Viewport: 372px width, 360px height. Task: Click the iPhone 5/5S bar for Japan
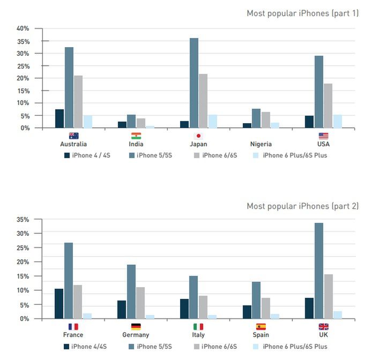point(194,83)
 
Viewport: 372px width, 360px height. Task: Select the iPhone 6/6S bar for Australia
point(78,102)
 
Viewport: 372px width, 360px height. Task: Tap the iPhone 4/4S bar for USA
point(309,122)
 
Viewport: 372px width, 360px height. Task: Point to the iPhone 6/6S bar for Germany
point(140,303)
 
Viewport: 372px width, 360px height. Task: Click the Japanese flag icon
point(198,136)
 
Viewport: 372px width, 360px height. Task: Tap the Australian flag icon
point(73,136)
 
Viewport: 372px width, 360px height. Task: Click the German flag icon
point(136,327)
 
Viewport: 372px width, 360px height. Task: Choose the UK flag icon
point(323,327)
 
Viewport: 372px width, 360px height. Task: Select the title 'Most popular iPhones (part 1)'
point(302,13)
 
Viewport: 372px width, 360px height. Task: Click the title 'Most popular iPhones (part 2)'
point(302,206)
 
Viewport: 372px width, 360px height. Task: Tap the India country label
point(136,144)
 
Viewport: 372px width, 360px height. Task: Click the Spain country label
point(261,335)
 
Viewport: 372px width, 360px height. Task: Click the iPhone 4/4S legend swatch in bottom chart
point(67,347)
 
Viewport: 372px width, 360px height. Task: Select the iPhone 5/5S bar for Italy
point(194,297)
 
